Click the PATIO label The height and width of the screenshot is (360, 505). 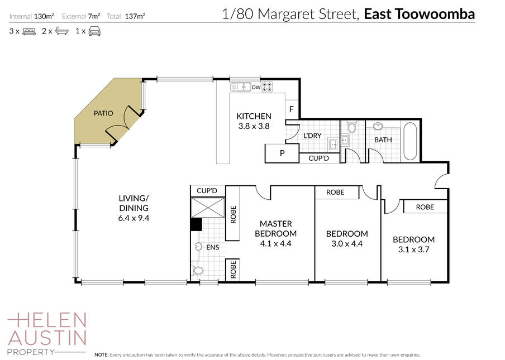[103, 113]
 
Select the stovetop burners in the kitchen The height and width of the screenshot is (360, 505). [267, 87]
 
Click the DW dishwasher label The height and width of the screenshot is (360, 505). [256, 87]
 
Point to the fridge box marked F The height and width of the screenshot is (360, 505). [292, 109]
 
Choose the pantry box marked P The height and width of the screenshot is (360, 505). [282, 153]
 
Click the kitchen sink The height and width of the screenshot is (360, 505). [241, 87]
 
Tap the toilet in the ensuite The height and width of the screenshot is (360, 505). [197, 270]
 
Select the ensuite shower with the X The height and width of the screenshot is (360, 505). [208, 208]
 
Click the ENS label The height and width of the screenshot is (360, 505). [213, 247]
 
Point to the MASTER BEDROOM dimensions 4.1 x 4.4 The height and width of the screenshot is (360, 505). [276, 243]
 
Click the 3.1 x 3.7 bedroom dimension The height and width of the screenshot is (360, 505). [413, 249]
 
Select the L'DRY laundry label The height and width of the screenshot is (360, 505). [312, 136]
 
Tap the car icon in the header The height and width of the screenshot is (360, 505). [94, 31]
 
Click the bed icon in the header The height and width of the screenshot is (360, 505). [29, 31]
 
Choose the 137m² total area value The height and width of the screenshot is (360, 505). [135, 16]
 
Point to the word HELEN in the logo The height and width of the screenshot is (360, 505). [47, 320]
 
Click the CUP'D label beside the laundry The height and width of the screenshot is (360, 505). [318, 159]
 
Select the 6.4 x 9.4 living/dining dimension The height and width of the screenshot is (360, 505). [134, 218]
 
